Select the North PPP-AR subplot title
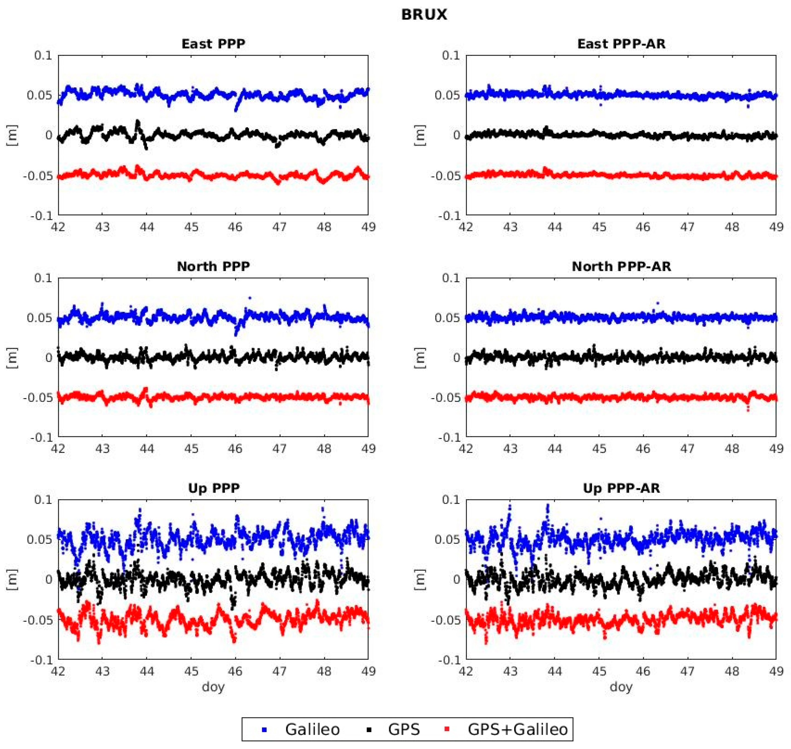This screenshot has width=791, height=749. tap(621, 266)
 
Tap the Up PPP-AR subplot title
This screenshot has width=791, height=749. tap(621, 488)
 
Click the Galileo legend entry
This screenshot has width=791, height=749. tap(312, 729)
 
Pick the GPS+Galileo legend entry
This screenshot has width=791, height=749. tap(517, 729)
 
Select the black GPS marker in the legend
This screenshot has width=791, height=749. tap(370, 730)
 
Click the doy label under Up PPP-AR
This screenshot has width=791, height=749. tap(621, 686)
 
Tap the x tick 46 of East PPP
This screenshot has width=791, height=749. tap(235, 227)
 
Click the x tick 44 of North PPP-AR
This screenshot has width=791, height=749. tap(555, 449)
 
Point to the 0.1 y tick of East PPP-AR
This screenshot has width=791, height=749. tap(451, 55)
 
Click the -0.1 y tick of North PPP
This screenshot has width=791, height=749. tap(41, 437)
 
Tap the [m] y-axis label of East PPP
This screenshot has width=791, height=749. tap(12, 135)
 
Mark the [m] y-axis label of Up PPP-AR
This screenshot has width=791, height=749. tap(420, 580)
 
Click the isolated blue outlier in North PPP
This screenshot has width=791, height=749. tap(250, 298)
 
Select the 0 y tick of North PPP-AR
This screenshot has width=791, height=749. tap(456, 358)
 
